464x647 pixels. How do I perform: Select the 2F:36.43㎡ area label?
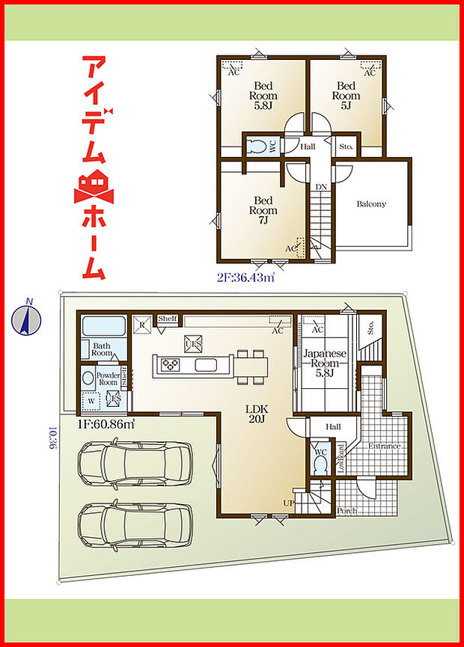point(245,277)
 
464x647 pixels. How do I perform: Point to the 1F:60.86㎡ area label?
point(106,424)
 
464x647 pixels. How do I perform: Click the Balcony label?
point(371,203)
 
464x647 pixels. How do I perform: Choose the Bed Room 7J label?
point(263,210)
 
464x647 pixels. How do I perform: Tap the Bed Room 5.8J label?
point(263,96)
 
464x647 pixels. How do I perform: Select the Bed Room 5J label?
point(346,96)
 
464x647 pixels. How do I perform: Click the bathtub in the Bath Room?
point(104,328)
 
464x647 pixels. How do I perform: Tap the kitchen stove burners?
point(171,365)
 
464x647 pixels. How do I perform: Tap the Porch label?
point(347,511)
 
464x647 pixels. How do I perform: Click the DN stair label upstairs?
point(321,186)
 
